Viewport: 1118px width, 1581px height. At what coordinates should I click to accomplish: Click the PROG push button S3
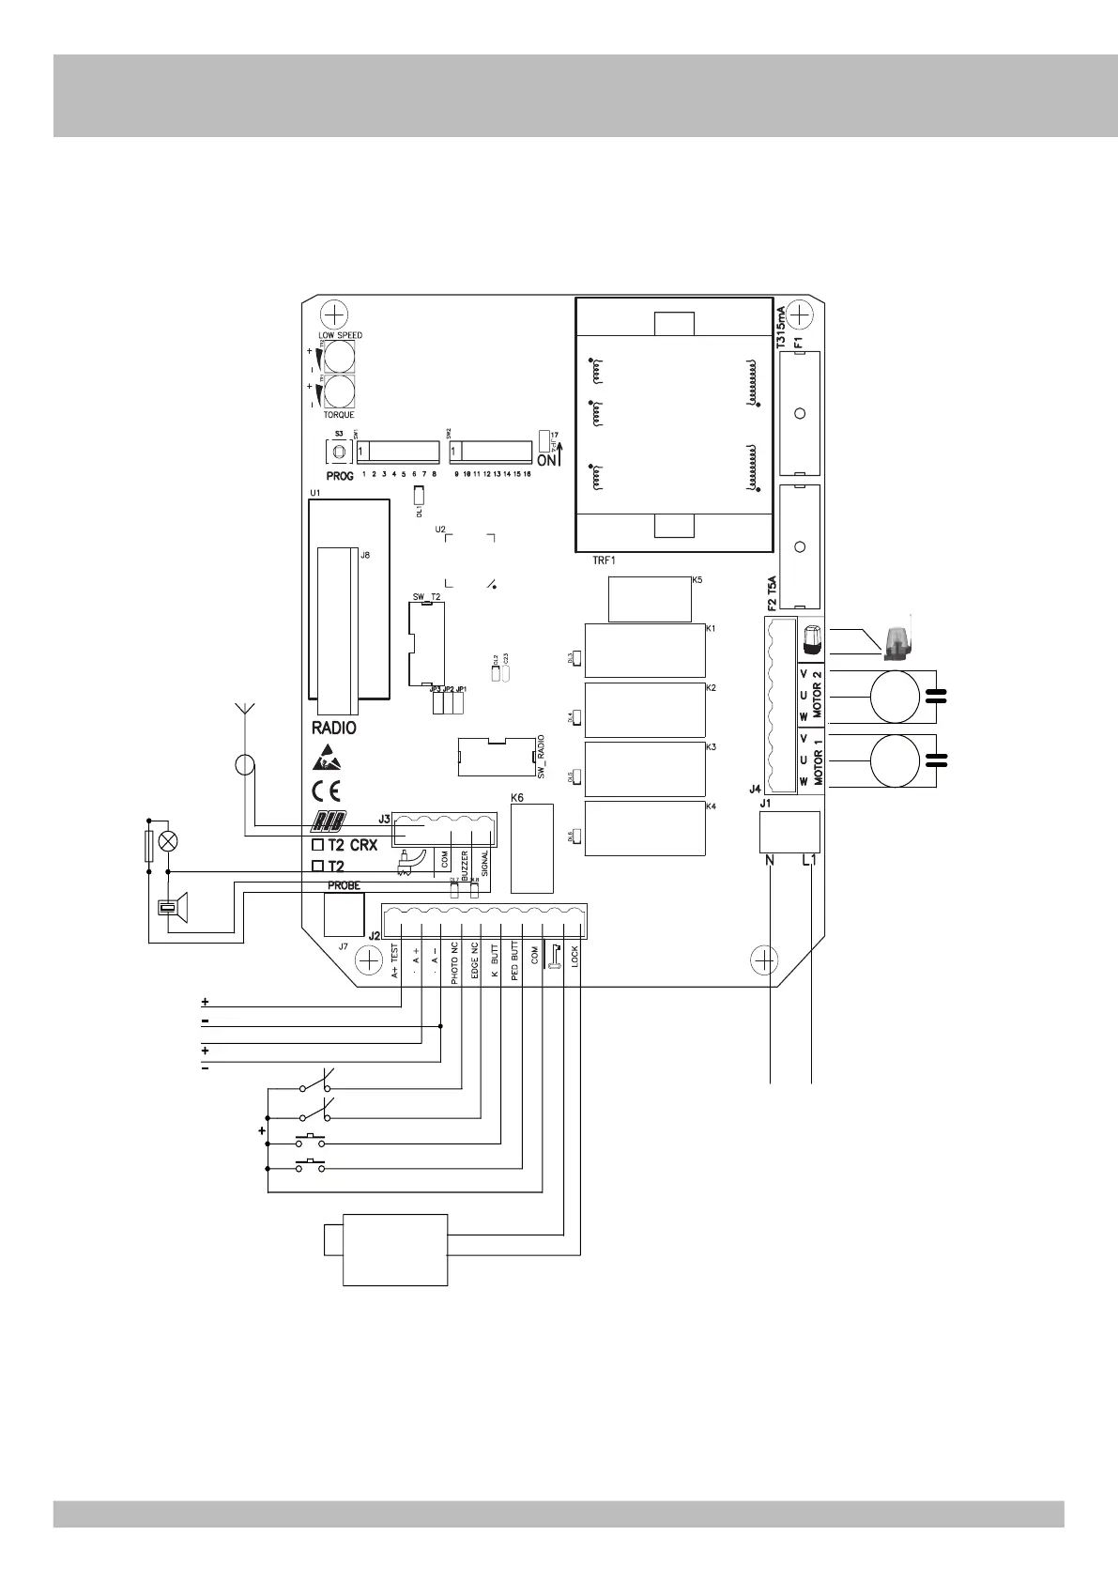coord(339,453)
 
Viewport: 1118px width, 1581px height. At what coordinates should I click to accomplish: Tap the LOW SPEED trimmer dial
coord(340,357)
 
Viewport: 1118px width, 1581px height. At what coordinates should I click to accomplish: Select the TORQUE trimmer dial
coord(340,391)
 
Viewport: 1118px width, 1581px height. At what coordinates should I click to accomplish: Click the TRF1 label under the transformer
coord(603,560)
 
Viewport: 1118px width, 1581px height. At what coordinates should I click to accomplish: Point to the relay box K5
coord(650,599)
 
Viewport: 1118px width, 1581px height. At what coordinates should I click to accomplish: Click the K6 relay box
coord(531,848)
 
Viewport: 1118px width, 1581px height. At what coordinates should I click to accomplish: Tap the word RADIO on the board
coord(333,728)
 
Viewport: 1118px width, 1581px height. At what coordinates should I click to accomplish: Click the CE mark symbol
coord(326,789)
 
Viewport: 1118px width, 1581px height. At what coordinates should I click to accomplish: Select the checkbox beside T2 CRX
coord(317,845)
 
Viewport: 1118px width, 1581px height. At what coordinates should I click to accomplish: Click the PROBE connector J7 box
coord(343,913)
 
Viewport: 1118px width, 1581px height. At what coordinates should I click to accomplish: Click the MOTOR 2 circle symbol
coord(894,696)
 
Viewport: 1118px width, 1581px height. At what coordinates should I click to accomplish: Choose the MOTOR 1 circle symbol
coord(894,760)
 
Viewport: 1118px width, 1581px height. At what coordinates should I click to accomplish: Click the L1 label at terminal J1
coord(811,861)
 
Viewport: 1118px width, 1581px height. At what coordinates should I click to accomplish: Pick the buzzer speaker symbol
coord(175,908)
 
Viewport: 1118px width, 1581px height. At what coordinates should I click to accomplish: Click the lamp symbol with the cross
coord(168,841)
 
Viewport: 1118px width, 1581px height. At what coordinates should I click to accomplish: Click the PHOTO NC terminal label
coord(454,962)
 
